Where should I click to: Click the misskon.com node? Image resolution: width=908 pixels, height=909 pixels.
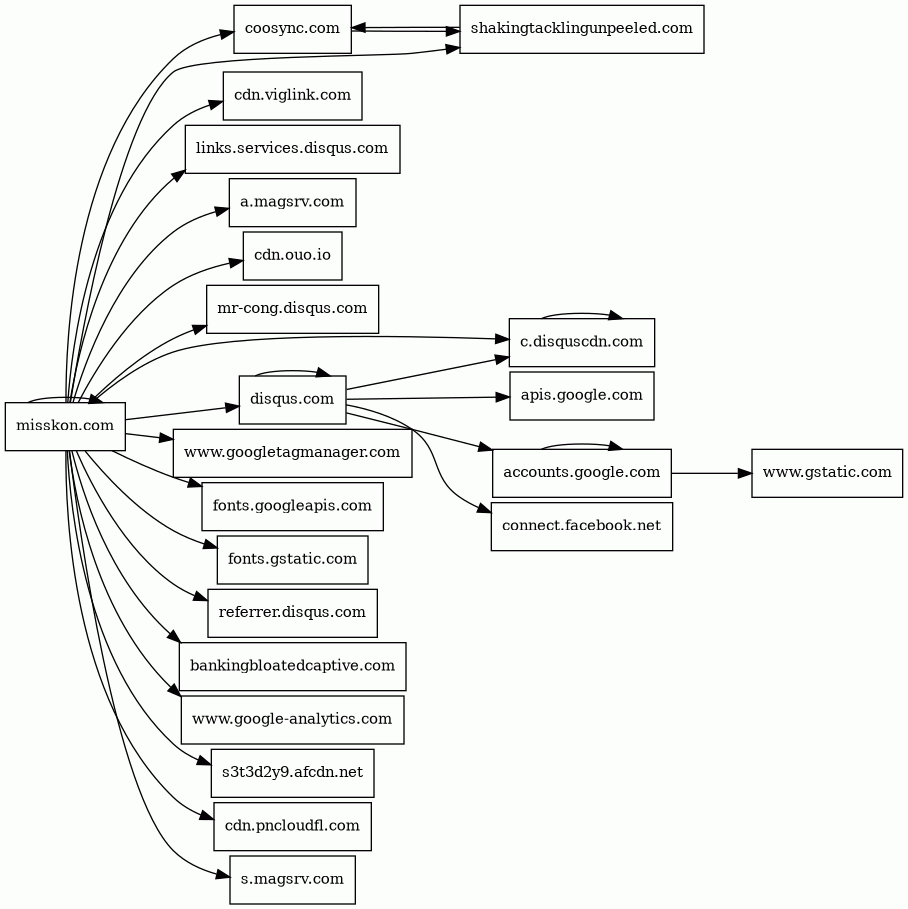coord(66,426)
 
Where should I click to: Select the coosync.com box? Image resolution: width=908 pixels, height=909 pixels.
coord(293,29)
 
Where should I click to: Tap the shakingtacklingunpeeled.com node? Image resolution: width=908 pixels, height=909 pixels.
coord(582,29)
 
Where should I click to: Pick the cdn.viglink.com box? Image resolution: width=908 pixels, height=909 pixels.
coord(293,96)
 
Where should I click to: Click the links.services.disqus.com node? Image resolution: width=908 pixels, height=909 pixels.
coord(293,149)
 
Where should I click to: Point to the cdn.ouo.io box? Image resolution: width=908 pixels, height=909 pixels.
coord(293,256)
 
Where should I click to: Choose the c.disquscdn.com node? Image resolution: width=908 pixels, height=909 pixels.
coord(582,342)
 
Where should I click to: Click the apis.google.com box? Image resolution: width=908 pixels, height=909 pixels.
coord(582,395)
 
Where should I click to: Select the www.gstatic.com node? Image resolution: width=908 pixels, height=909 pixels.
coord(827,472)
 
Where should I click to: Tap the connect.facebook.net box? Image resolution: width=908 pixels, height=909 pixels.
coord(582,526)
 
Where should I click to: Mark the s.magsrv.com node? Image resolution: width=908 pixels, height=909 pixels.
coord(293,879)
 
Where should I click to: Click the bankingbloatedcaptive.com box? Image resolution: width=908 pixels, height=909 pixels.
coord(293,666)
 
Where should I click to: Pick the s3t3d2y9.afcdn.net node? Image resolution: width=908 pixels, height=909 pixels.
coord(293,773)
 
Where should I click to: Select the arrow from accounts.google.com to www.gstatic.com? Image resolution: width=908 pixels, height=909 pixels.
coord(711,473)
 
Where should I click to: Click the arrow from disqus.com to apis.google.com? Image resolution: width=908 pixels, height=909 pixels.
coord(428,398)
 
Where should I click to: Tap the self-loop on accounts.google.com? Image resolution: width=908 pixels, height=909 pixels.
coord(582,444)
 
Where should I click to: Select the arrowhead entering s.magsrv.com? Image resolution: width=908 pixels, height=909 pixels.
coord(223,875)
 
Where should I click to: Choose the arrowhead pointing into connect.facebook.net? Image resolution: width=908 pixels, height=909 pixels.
coord(485,510)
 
